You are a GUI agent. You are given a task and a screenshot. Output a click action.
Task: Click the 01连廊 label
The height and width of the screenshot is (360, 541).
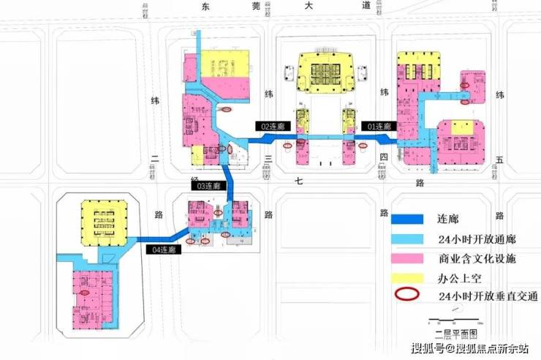tap(379, 127)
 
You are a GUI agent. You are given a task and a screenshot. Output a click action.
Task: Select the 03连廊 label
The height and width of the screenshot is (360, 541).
tap(208, 187)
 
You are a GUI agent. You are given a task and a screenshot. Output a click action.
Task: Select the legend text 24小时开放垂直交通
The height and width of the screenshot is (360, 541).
tap(488, 296)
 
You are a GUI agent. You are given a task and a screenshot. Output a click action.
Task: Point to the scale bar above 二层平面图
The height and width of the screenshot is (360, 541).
tap(455, 319)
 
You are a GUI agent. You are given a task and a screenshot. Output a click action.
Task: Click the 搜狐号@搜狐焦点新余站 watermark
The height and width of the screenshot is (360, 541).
tap(471, 348)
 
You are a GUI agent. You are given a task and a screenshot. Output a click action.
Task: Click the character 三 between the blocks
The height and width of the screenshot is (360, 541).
tap(269, 158)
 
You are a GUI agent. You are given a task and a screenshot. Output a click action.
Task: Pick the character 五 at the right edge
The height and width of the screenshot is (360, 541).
tap(499, 157)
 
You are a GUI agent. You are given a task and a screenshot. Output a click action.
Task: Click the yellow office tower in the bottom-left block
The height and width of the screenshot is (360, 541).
tap(102, 223)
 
